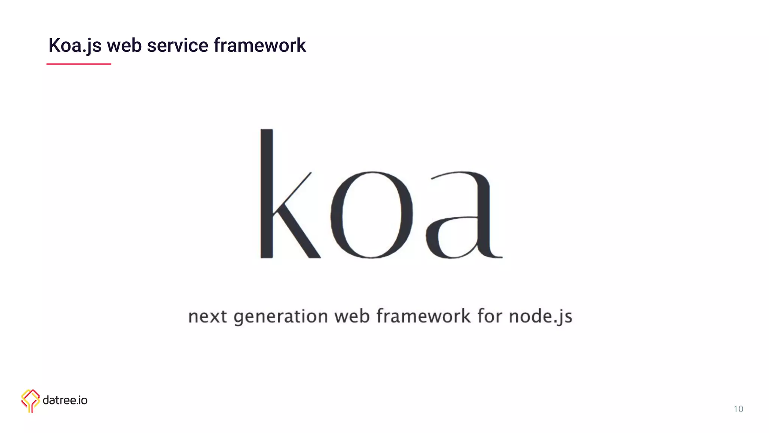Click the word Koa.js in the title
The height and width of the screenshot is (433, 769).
[75, 45]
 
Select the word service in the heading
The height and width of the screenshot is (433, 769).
[177, 45]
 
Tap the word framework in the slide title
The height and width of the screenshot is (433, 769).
[259, 45]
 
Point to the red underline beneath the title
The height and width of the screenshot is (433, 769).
[78, 64]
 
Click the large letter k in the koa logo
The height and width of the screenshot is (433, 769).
[267, 194]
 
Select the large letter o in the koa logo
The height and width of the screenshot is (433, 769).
[371, 215]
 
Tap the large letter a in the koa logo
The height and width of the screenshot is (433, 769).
[464, 215]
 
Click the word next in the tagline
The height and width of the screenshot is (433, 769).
[207, 316]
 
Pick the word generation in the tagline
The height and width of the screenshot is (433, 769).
[280, 316]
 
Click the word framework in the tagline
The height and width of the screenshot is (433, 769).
[423, 316]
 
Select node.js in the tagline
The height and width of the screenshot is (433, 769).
[540, 316]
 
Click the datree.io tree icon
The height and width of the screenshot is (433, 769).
[30, 400]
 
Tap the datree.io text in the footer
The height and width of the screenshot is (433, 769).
[65, 400]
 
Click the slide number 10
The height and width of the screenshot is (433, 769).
[738, 409]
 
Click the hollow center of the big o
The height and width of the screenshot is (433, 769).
[371, 215]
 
